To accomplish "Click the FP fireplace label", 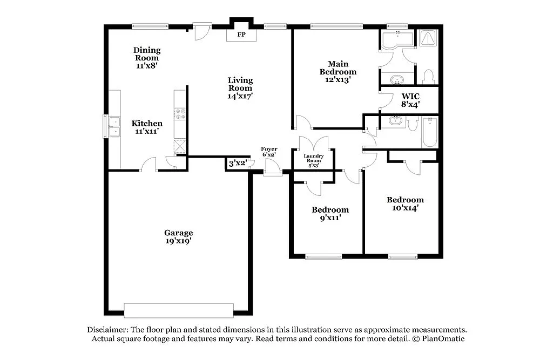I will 241,35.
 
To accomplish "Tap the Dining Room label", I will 147,54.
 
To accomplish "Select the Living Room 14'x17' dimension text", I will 240,96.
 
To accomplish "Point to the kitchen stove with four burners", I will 180,114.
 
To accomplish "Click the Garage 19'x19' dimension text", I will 178,241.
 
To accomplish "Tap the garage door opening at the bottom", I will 179,310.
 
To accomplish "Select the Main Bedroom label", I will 337,68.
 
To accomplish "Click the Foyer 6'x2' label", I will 269,152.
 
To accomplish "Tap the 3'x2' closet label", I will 238,163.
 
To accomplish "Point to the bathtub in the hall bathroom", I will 429,132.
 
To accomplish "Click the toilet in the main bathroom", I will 429,77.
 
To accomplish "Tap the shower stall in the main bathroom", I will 428,39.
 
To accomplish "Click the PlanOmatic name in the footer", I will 442,339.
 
